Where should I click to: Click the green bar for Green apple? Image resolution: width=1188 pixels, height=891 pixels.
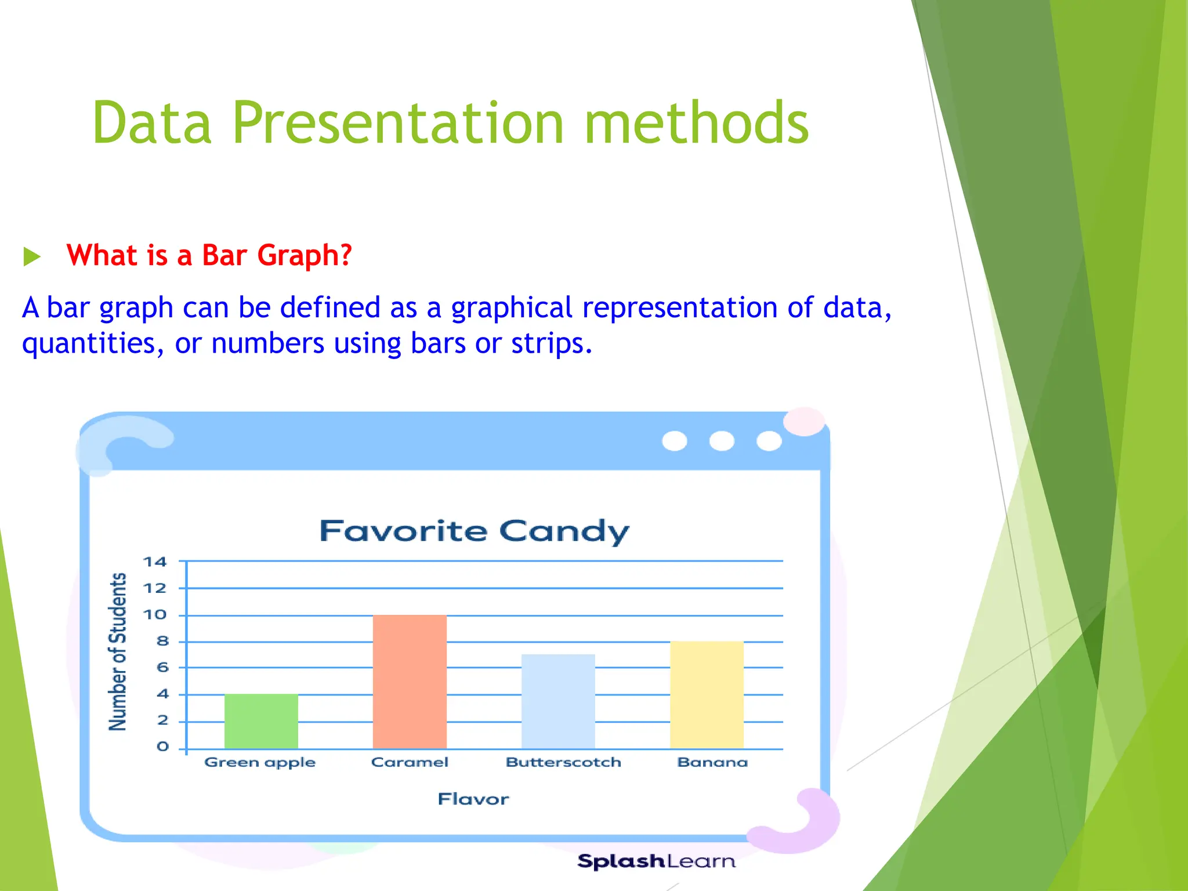[x=261, y=720]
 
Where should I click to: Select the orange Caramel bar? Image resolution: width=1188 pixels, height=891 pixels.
[x=410, y=681]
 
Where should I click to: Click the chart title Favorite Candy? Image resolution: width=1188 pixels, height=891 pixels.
[x=474, y=531]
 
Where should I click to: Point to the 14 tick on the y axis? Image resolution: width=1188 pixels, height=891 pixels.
[x=154, y=562]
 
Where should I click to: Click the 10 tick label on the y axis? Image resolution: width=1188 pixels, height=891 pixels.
[x=154, y=615]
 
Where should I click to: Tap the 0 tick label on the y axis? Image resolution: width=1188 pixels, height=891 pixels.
[x=162, y=747]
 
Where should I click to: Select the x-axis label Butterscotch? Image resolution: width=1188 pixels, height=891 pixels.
[x=563, y=762]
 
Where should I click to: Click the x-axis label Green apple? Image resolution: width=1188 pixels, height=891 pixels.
[x=260, y=762]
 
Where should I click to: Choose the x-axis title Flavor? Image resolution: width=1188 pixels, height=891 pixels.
[x=473, y=799]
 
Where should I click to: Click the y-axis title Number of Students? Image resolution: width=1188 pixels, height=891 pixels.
[x=118, y=651]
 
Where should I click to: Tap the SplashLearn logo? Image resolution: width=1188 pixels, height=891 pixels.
[x=656, y=861]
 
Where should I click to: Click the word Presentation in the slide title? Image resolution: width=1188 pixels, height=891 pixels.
[x=398, y=123]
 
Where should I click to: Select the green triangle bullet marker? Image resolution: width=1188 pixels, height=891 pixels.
[x=31, y=256]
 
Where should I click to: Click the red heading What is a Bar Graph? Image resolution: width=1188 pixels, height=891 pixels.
[x=209, y=255]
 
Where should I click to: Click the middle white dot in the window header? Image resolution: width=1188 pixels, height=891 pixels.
[x=722, y=441]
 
